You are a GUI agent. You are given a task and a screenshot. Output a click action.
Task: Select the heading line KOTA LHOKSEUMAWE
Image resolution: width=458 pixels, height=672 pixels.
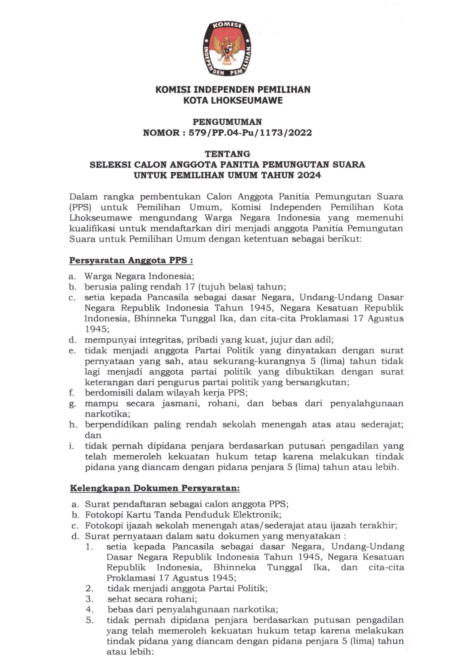pyautogui.click(x=233, y=101)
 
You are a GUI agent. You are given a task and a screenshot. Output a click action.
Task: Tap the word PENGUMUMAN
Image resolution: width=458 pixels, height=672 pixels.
pyautogui.click(x=227, y=122)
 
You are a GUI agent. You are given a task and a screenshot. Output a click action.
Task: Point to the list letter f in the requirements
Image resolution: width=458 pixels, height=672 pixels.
pyautogui.click(x=71, y=393)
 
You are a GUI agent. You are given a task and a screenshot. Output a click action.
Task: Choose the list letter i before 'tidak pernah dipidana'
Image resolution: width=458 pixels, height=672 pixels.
pyautogui.click(x=71, y=446)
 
